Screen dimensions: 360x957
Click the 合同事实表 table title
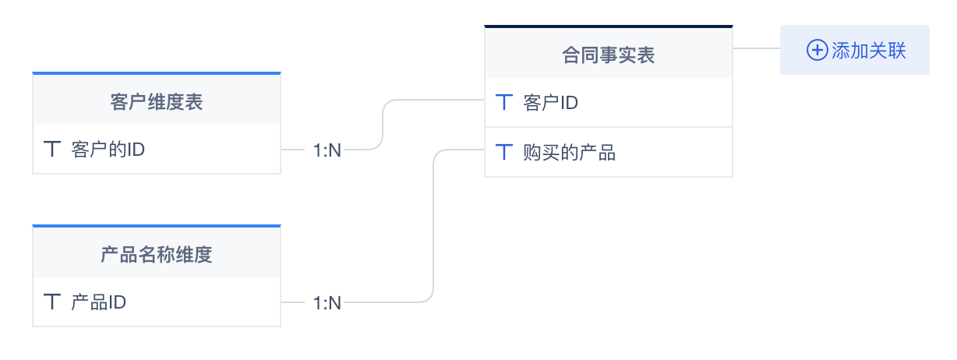(x=608, y=55)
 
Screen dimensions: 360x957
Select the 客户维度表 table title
(x=156, y=101)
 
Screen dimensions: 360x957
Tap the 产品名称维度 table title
(x=156, y=254)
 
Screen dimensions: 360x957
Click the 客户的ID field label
(x=108, y=149)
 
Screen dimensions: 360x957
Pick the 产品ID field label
(x=98, y=302)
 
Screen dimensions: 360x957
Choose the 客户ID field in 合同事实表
(x=550, y=102)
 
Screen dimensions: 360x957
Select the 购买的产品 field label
(x=569, y=153)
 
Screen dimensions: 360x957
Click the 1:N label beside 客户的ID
(x=327, y=150)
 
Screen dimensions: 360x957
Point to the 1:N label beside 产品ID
(x=327, y=302)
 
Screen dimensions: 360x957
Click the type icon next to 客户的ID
(x=52, y=149)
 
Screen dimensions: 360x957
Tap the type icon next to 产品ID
(x=52, y=302)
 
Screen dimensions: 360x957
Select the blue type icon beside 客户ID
(x=505, y=102)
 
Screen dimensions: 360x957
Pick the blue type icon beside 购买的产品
(x=505, y=153)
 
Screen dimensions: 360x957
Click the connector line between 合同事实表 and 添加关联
(x=756, y=48)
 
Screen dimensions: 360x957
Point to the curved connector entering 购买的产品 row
(x=433, y=226)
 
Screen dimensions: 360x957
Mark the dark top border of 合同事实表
(x=608, y=26)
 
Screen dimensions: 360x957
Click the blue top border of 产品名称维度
(x=156, y=226)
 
